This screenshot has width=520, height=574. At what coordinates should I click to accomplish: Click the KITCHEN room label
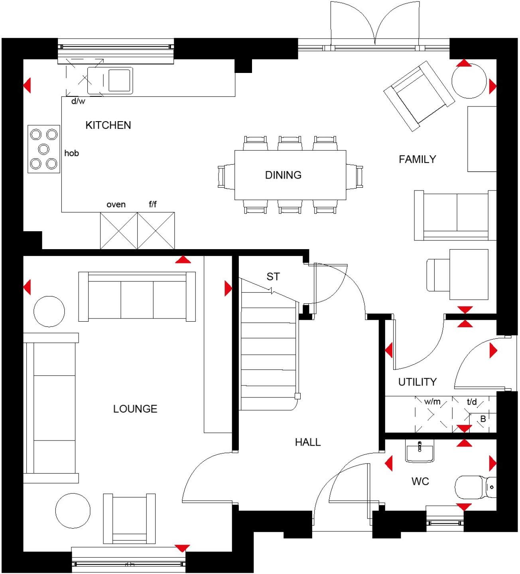coord(108,125)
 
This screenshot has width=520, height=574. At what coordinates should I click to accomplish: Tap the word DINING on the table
coord(283,175)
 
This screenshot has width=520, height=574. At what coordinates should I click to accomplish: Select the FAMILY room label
coord(417,159)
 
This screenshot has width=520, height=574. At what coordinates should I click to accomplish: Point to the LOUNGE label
coord(135,409)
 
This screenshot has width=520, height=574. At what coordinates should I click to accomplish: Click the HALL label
coord(307,442)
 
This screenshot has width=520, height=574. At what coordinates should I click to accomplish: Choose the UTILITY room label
coord(417,382)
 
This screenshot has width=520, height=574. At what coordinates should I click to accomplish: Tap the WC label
coord(420,482)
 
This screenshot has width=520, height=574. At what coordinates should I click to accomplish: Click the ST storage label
coord(273,277)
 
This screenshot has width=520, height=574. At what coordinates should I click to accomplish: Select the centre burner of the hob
coord(43,149)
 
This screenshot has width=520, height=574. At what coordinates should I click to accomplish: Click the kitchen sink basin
coord(119,80)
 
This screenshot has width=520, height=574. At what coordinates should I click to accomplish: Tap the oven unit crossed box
coord(119,231)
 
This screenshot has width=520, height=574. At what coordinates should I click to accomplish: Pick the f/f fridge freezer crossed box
coord(156,231)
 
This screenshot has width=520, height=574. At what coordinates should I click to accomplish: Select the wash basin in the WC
coord(420,452)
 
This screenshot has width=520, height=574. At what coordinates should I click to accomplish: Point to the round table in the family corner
coord(469,81)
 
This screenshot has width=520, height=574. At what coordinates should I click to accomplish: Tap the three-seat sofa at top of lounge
coord(137,297)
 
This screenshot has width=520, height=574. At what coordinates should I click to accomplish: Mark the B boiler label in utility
coord(483,419)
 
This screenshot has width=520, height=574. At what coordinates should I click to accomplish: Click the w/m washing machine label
coord(432,402)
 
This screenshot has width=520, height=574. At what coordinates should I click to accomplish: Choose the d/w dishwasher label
coord(78,101)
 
